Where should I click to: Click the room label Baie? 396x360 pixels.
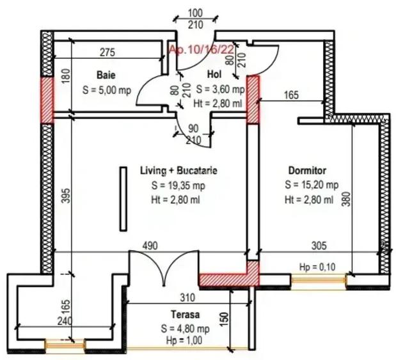[106, 74]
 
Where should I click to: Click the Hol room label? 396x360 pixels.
[214, 74]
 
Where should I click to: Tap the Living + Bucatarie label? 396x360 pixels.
[178, 171]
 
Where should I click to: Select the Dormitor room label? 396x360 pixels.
[308, 171]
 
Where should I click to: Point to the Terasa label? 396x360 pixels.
[185, 315]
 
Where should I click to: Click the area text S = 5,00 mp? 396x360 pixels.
[106, 90]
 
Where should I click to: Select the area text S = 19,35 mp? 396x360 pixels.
[178, 185]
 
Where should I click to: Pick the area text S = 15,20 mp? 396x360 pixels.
[309, 185]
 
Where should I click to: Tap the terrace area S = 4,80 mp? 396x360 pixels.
[185, 328]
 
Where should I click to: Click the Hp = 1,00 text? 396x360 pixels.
[185, 341]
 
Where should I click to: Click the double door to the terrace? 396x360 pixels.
[164, 269]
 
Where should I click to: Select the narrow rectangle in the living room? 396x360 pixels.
[122, 200]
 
